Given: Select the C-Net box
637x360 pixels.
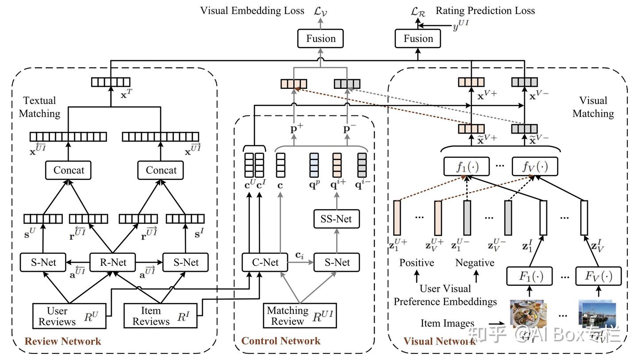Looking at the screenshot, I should (x=265, y=262).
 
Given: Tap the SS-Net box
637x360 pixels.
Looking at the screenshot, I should (x=336, y=219).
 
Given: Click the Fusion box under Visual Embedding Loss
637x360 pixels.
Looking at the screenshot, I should (x=321, y=38).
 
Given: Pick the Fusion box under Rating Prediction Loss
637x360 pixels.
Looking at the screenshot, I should (x=418, y=38).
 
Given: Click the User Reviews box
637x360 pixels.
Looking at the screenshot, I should (x=69, y=316).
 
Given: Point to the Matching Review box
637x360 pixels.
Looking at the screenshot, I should (x=299, y=316).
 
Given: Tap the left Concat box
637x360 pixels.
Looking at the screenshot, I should (x=69, y=170).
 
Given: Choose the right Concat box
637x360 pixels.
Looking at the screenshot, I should (x=161, y=170).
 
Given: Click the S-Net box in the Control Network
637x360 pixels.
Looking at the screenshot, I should (x=337, y=262).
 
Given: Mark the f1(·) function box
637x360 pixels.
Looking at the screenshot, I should (x=466, y=167).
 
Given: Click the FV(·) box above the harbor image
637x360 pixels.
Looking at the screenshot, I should (x=598, y=276).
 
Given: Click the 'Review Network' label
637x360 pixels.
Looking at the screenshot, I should (x=63, y=341).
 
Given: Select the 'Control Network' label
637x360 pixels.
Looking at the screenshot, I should (x=281, y=341).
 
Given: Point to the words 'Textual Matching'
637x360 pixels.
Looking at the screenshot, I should (x=40, y=107).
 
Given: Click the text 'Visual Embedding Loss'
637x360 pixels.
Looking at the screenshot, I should (x=252, y=11).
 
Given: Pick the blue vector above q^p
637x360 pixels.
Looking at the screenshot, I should (x=314, y=165).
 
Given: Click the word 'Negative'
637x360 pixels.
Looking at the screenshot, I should (x=475, y=263).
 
